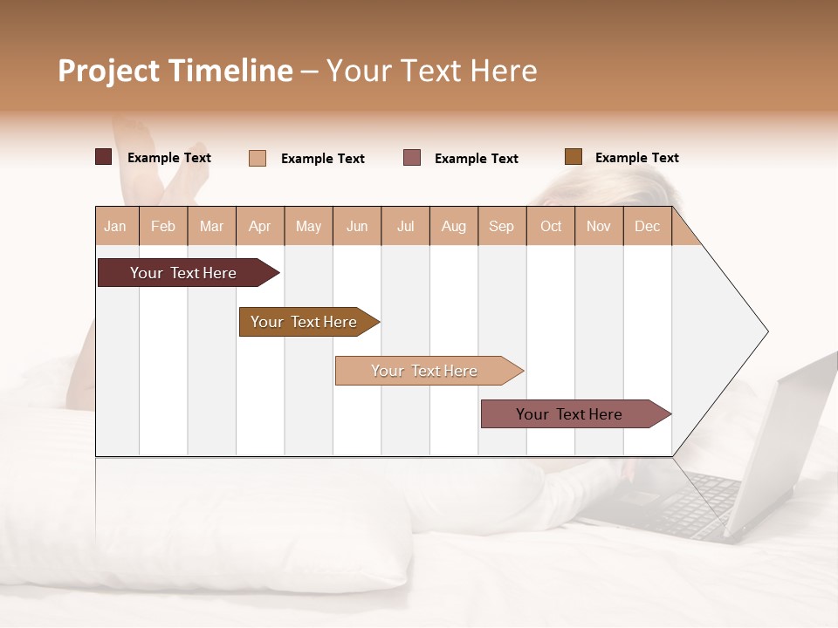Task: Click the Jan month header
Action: click(116, 226)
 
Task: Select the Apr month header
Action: click(259, 226)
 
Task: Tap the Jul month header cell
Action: click(405, 226)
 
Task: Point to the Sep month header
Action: click(501, 226)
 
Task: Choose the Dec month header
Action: click(647, 226)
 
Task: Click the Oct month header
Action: click(551, 226)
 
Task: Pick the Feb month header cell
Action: click(163, 226)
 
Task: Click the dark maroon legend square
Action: click(103, 157)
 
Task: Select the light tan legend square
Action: click(258, 158)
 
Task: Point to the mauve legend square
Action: click(412, 158)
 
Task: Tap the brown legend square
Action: click(573, 157)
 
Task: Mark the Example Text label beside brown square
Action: click(636, 158)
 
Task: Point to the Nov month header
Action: click(599, 226)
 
